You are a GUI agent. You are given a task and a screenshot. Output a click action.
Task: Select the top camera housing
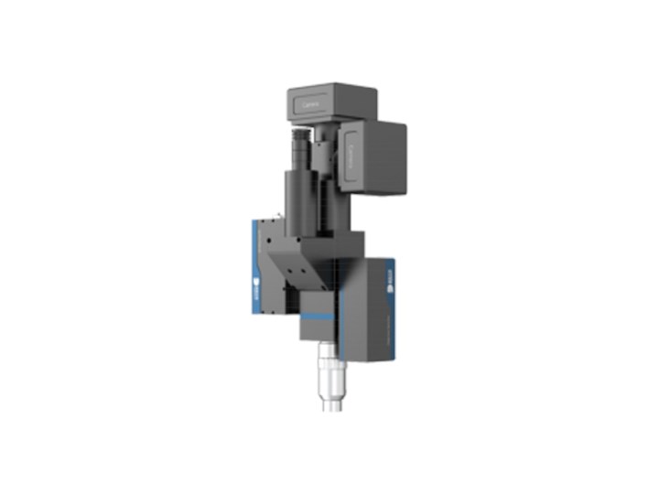(331, 106)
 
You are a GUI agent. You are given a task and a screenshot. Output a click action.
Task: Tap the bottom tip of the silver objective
(330, 407)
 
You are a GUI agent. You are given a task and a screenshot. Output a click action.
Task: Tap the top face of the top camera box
(331, 89)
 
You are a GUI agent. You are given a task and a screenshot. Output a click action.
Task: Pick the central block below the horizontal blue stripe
(319, 331)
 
